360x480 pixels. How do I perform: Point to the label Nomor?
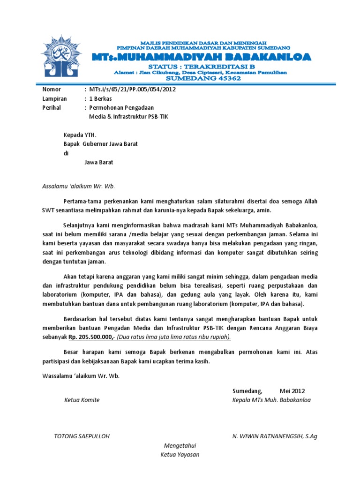coord(52,89)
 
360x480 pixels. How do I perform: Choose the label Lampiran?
coord(54,98)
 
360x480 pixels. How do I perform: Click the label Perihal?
coord(52,107)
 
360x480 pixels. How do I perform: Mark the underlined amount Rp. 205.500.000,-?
coord(91,337)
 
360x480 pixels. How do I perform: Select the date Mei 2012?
coord(292,390)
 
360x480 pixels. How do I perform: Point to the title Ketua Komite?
coord(82,400)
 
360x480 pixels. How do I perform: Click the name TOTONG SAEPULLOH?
coord(82,436)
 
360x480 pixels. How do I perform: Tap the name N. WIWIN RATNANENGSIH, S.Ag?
coord(275,436)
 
